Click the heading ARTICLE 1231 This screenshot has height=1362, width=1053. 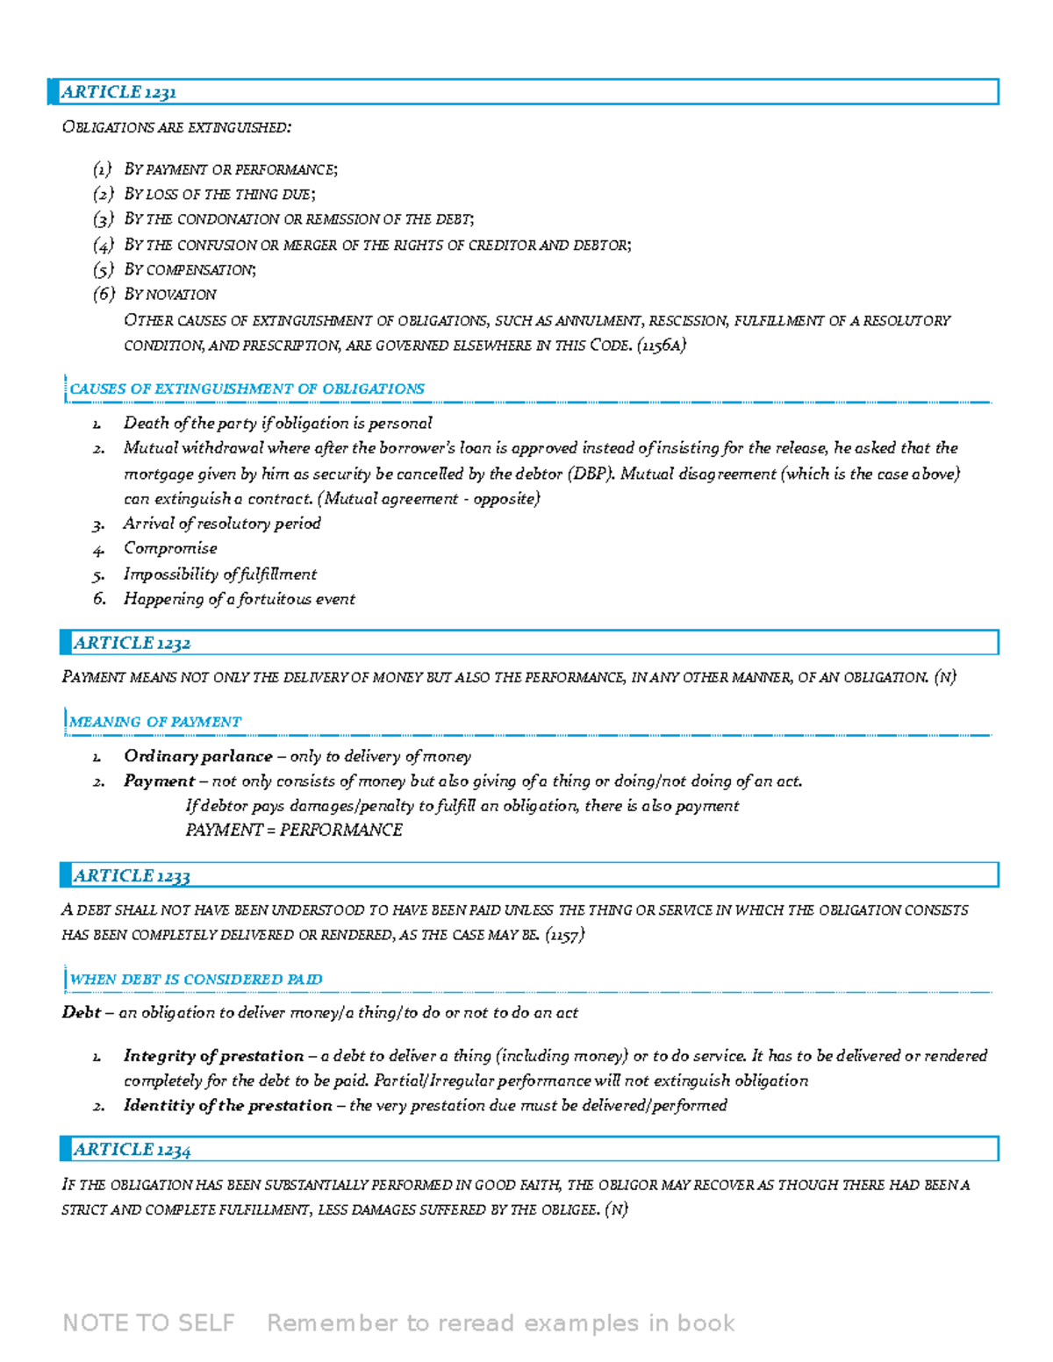118,92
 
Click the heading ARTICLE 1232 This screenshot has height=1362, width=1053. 132,643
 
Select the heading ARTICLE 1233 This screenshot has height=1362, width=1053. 132,875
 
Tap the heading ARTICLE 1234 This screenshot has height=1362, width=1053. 132,1150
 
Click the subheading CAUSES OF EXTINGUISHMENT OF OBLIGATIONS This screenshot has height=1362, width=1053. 247,389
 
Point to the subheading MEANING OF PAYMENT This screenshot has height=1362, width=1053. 155,722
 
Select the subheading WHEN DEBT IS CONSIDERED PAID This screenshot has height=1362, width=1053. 196,979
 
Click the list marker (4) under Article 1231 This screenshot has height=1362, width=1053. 104,245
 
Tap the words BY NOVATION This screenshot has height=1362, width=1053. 170,295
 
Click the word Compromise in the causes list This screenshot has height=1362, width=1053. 170,548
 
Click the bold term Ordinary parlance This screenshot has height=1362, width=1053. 197,756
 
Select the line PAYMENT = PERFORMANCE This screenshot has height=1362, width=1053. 294,830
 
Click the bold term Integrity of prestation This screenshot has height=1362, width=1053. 213,1055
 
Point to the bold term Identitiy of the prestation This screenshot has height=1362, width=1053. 227,1105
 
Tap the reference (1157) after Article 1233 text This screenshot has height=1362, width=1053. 564,935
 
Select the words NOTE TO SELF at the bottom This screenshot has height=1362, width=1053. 148,1323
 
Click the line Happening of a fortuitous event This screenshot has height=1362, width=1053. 239,599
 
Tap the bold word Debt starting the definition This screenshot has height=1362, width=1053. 81,1012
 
